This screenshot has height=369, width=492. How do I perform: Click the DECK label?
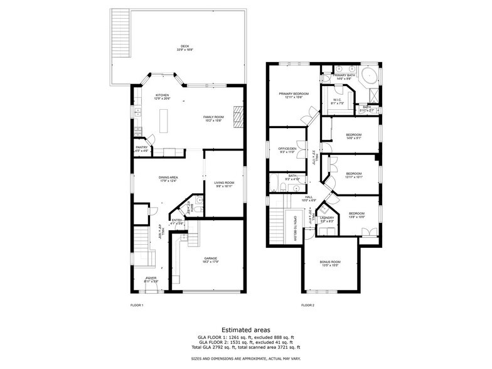tap(184, 46)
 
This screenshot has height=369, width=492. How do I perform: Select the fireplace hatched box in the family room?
tap(237, 117)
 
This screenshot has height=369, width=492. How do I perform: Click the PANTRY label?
tap(142, 148)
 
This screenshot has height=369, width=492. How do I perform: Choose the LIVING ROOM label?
tap(224, 184)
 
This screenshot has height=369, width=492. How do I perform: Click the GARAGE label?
tap(210, 259)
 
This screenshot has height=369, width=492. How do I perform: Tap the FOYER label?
tap(151, 279)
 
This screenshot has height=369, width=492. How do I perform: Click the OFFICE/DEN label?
tap(287, 149)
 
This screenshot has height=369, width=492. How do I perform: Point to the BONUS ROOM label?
tap(329, 263)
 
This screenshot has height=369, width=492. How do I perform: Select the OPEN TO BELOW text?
tap(295, 230)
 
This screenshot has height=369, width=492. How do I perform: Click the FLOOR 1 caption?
tap(136, 305)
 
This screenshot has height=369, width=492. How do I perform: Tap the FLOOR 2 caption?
tap(307, 305)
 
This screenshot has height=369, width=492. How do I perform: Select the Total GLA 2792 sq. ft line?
tap(245, 346)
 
